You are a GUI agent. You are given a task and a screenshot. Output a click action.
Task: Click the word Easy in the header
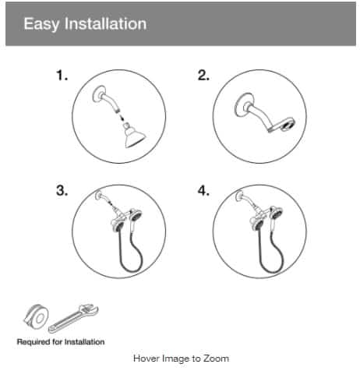tap(41, 24)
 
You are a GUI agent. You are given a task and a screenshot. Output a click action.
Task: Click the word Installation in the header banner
tap(105, 23)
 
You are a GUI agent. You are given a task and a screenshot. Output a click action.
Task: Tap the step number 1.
tap(62, 76)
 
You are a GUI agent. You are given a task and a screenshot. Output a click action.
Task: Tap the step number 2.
tap(203, 76)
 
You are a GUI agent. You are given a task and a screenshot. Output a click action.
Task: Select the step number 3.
tap(62, 191)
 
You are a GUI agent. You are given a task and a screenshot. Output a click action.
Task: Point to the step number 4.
tap(203, 191)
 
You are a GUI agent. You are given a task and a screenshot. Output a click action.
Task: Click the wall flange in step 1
tap(99, 94)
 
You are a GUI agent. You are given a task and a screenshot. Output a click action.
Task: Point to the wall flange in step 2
tap(243, 105)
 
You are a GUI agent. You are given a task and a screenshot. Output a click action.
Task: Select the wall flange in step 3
tap(98, 195)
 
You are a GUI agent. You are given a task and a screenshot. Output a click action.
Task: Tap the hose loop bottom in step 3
tap(132, 270)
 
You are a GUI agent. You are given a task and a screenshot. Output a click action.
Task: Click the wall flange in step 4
tap(239, 196)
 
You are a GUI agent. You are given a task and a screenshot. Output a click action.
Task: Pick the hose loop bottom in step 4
tap(272, 270)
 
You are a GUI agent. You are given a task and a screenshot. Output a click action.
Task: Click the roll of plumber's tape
tap(36, 317)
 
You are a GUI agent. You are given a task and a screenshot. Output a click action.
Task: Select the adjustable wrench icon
tap(73, 319)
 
